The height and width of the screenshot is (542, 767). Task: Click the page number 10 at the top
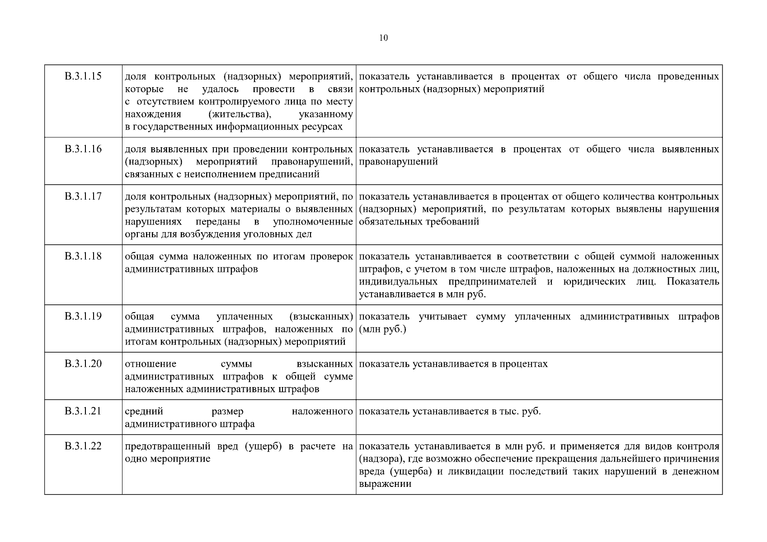pyautogui.click(x=383, y=38)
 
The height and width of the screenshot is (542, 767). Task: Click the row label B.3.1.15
pyautogui.click(x=83, y=76)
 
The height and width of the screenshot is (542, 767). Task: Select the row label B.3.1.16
pyautogui.click(x=83, y=149)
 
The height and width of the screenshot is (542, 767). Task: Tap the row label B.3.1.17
pyautogui.click(x=83, y=196)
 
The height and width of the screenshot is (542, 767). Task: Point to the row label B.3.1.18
pyautogui.click(x=83, y=256)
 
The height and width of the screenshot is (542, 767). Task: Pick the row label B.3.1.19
pyautogui.click(x=83, y=316)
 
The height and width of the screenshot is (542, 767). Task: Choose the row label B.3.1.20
pyautogui.click(x=83, y=364)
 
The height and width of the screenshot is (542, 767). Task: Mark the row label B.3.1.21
pyautogui.click(x=83, y=411)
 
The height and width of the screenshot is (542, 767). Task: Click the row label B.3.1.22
pyautogui.click(x=83, y=446)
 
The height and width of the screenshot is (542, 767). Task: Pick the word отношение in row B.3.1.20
pyautogui.click(x=151, y=364)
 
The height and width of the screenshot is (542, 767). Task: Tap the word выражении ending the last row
pyautogui.click(x=385, y=484)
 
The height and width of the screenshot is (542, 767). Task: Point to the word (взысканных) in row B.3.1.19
pyautogui.click(x=321, y=317)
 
